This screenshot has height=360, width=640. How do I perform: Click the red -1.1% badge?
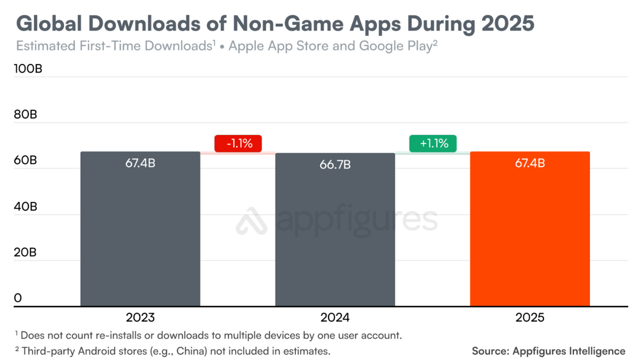[238, 143]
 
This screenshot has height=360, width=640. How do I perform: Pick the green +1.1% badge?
[433, 143]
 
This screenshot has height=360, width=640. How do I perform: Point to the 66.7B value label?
[335, 164]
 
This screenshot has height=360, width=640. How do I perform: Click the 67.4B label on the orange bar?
[530, 163]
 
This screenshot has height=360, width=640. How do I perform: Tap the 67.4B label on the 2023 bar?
[140, 163]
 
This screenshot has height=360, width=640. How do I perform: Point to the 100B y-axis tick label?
[28, 69]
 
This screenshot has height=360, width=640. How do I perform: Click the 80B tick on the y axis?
[25, 115]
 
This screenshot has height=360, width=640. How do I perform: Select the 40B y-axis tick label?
[25, 206]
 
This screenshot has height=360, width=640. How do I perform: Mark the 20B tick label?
[25, 252]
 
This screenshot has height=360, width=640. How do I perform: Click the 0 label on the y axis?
[18, 298]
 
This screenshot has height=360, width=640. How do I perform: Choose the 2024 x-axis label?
[335, 317]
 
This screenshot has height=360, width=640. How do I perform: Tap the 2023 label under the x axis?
[140, 317]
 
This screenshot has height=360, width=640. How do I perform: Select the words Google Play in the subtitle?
[395, 46]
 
